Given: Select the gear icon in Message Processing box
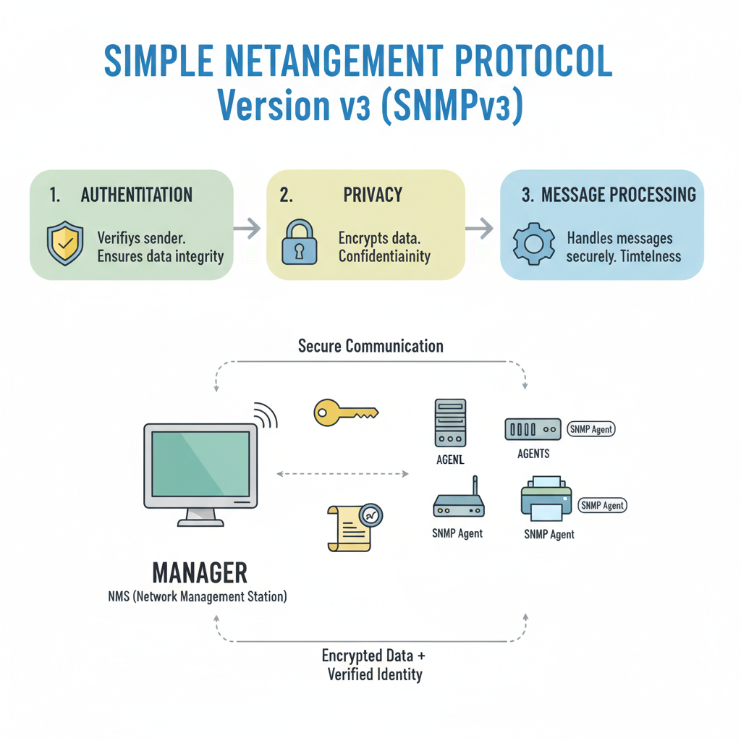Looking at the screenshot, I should click(534, 244).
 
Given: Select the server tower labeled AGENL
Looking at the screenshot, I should click(450, 423).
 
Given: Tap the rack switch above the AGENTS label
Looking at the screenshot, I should click(532, 428).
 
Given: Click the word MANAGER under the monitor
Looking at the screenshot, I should click(200, 572).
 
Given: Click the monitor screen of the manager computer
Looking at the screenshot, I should click(200, 465).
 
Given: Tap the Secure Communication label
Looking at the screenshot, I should click(370, 346).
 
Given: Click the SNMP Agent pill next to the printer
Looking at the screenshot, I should click(603, 505).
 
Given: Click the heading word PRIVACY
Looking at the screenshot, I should click(373, 195).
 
